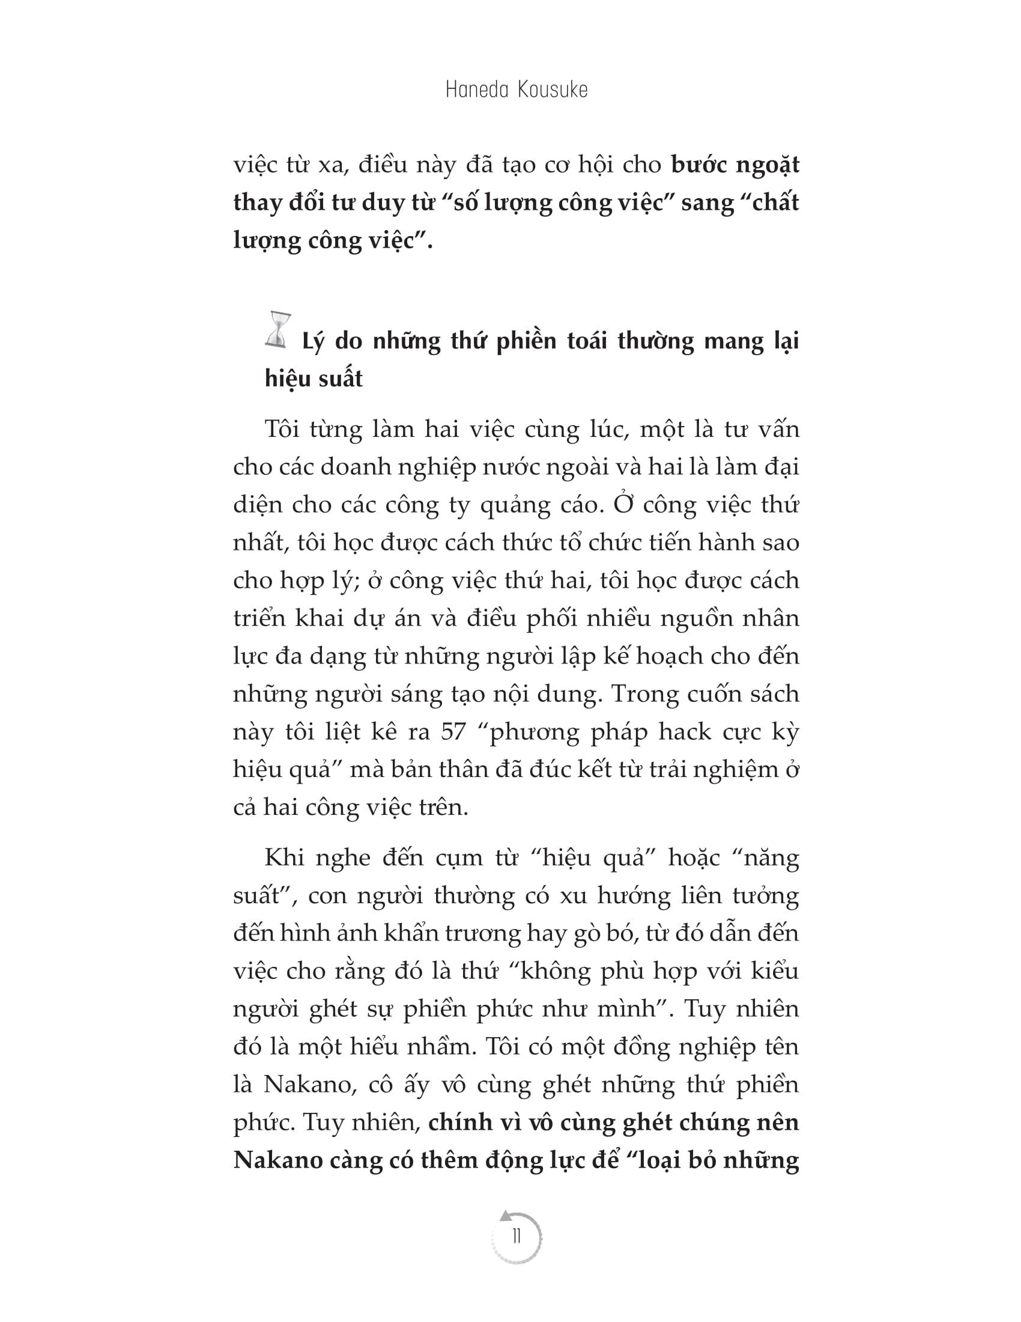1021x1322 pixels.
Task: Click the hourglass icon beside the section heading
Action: [x=278, y=330]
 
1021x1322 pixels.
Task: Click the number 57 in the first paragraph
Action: [x=453, y=732]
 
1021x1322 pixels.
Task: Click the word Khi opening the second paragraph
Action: [x=283, y=857]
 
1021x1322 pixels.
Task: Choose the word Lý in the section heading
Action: [x=313, y=343]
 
